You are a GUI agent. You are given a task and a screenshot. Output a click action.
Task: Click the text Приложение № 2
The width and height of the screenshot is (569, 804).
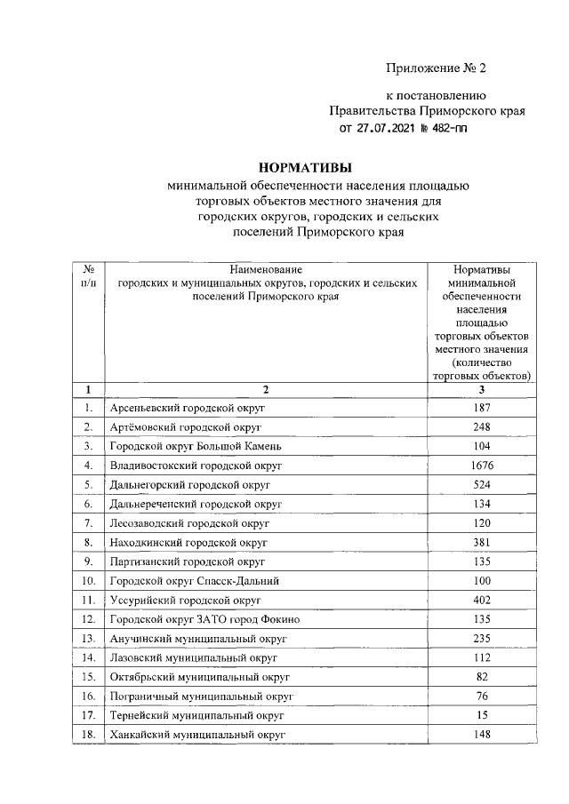pyautogui.click(x=437, y=68)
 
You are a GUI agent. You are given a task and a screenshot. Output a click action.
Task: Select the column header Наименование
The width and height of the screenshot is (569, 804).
pyautogui.click(x=266, y=269)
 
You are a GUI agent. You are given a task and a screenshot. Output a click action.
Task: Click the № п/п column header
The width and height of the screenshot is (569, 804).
pyautogui.click(x=88, y=275)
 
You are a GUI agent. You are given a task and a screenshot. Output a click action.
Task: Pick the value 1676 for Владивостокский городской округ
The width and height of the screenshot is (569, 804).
pyautogui.click(x=483, y=466)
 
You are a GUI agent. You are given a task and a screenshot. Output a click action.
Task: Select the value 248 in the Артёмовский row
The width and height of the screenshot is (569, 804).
pyautogui.click(x=483, y=427)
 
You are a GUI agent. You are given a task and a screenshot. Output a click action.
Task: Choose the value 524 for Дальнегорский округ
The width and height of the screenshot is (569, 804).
pyautogui.click(x=483, y=485)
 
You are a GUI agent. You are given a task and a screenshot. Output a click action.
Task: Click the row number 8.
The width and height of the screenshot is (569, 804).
pyautogui.click(x=88, y=542)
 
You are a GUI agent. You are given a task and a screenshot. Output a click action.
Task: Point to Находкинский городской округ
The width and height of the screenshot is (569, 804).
pyautogui.click(x=188, y=542)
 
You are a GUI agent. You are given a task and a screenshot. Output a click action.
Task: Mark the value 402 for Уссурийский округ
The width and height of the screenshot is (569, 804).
pyautogui.click(x=483, y=600)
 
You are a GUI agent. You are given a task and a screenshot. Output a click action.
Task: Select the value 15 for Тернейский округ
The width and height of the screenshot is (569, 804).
pyautogui.click(x=483, y=715)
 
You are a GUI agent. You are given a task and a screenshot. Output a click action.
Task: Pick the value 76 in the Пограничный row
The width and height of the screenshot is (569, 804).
pyautogui.click(x=483, y=696)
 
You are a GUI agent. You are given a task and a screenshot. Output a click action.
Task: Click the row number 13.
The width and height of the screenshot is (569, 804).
pyautogui.click(x=88, y=638)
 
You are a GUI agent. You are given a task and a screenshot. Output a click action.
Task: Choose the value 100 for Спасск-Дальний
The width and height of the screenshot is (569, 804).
pyautogui.click(x=483, y=580)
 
